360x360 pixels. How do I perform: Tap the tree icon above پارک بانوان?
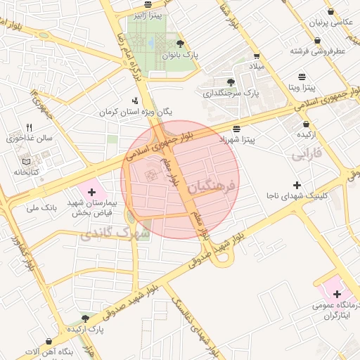point(181,44)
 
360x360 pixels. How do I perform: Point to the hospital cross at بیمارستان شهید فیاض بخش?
point(92,191)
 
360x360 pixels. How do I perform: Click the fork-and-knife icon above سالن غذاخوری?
point(29,127)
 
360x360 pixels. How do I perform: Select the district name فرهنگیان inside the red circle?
point(214,180)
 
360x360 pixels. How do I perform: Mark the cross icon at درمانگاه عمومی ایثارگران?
point(337,294)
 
